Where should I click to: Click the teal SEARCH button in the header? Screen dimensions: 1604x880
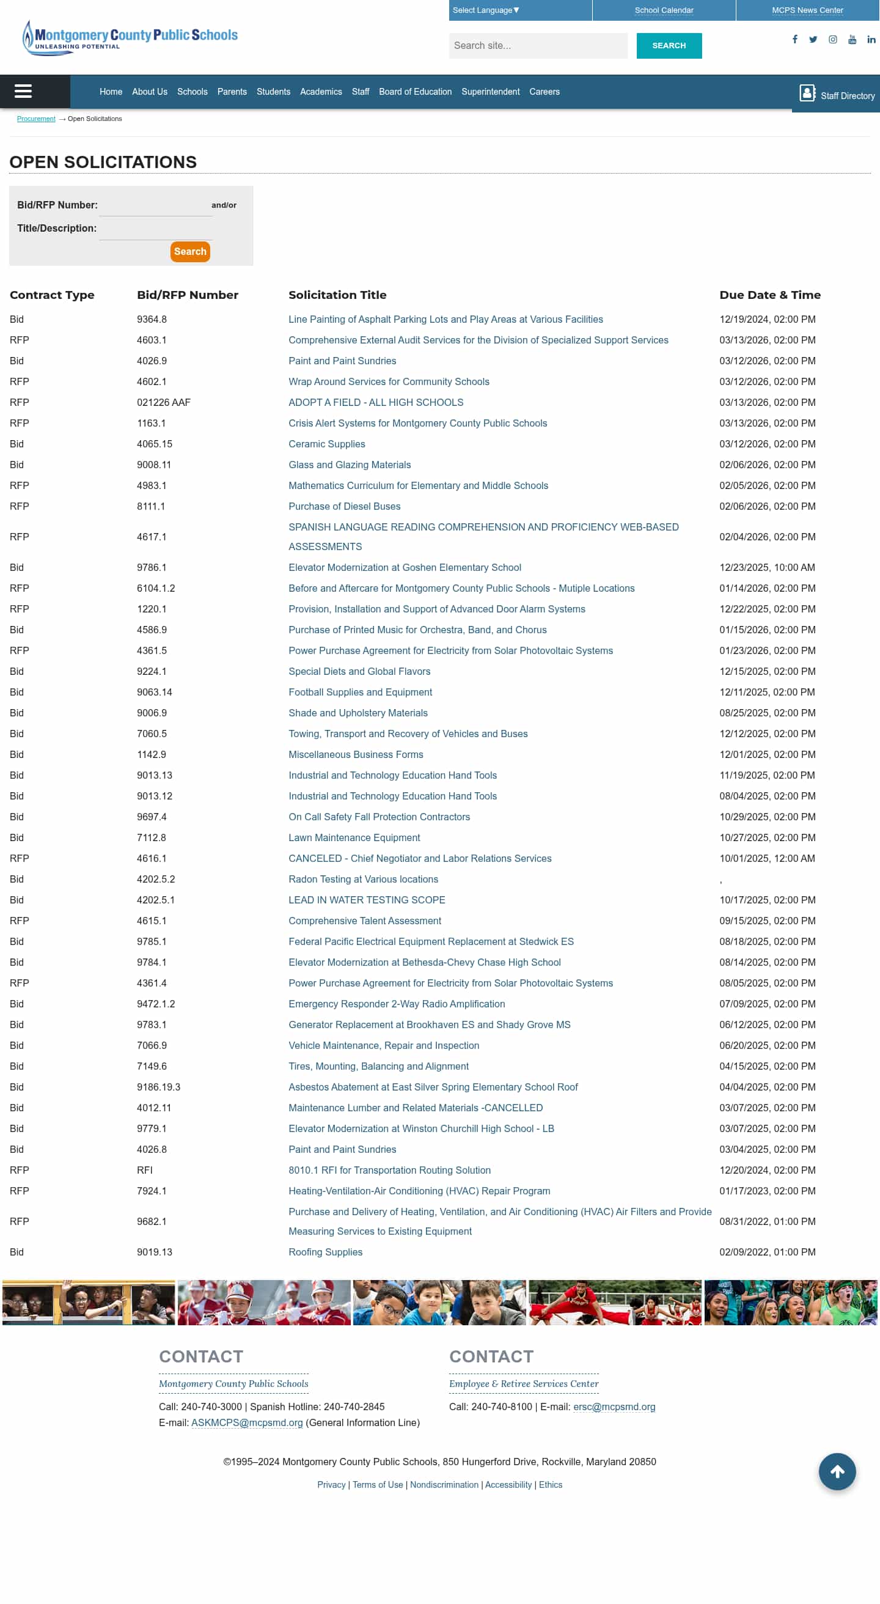click(x=669, y=45)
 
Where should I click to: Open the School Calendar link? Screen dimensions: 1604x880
click(x=664, y=10)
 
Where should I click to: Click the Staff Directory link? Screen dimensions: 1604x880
click(x=837, y=95)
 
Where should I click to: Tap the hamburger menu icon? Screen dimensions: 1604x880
click(x=23, y=92)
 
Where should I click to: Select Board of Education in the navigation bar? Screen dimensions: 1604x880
click(x=415, y=92)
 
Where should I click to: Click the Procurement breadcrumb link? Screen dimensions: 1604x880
click(x=36, y=119)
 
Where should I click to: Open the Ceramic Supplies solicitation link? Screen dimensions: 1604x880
click(x=326, y=444)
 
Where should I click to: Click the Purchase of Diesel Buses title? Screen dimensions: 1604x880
click(x=344, y=506)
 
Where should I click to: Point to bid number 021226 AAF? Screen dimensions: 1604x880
click(x=164, y=402)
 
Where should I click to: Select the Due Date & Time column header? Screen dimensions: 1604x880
click(x=769, y=295)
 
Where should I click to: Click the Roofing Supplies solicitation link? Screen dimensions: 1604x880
click(x=325, y=1251)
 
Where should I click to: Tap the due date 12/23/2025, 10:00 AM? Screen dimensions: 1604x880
click(x=767, y=567)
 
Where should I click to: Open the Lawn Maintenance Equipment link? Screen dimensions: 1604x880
click(x=354, y=837)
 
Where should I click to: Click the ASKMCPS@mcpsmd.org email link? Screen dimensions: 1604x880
click(x=247, y=1422)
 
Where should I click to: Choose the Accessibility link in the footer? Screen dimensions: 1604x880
click(x=508, y=1484)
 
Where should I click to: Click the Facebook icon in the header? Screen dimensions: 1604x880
click(x=794, y=39)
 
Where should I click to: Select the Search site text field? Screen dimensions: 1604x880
click(x=538, y=45)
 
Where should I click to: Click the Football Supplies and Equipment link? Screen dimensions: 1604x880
click(x=360, y=692)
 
